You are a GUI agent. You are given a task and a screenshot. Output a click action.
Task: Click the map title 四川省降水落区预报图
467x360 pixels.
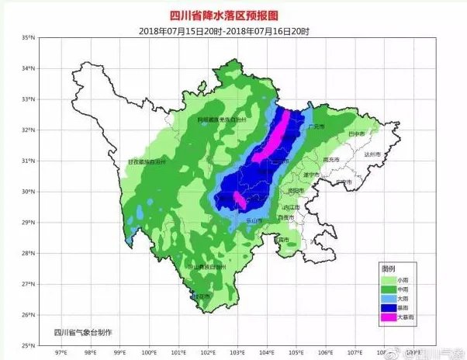[x=233, y=14]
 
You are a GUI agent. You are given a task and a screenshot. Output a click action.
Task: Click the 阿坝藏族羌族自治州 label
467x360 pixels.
[x=220, y=120]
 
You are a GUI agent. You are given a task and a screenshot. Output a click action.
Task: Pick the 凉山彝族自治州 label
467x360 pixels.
[x=206, y=266]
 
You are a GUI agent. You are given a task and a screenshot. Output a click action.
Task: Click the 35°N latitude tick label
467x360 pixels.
[x=28, y=38]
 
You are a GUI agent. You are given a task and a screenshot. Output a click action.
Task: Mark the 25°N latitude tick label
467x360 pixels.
[x=28, y=345]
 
